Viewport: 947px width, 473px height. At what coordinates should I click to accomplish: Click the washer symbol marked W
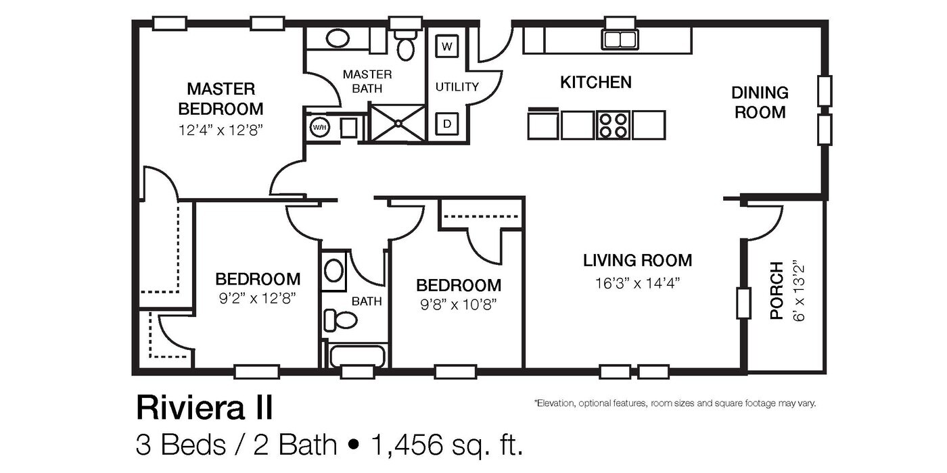pos(446,47)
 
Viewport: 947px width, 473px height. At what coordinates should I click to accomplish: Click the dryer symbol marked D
pos(446,124)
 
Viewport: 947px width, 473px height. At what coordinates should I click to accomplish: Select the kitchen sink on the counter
pos(620,39)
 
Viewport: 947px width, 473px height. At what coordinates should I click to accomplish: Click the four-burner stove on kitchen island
pos(613,125)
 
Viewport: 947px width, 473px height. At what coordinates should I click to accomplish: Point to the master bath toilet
pos(405,46)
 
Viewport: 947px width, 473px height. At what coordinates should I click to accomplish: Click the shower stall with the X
pos(398,123)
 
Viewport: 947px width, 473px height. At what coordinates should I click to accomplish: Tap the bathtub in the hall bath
pos(356,356)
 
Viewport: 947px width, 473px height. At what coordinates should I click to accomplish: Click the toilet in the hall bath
pos(342,320)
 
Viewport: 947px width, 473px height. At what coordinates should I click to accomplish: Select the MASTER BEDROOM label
pos(221,99)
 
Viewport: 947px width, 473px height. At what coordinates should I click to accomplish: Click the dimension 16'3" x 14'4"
pos(637,283)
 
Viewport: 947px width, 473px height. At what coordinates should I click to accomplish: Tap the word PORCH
pos(777,291)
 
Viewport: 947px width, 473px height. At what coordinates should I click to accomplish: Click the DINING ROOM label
pos(760,102)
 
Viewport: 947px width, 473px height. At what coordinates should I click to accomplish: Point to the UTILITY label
pos(457,86)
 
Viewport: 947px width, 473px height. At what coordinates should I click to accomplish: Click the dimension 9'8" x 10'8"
pos(458,304)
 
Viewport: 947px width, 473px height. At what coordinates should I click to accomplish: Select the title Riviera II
pos(204,408)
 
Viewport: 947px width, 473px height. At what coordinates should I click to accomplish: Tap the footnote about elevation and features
pos(674,403)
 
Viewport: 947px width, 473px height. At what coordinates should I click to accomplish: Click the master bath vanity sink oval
pos(337,38)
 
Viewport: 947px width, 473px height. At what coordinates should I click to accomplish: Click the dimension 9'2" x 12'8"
pos(257,297)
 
